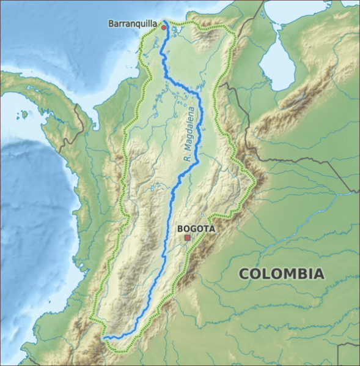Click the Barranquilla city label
coord(133,24)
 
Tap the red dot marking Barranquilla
coord(163,27)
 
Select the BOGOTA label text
coord(196,228)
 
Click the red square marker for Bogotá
coord(188,237)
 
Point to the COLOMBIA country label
coord(281,274)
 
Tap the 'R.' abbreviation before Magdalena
coord(186,157)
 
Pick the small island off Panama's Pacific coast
coord(24,114)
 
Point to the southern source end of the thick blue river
coord(105,337)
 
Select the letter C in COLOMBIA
coord(243,274)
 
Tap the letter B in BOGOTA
coord(179,228)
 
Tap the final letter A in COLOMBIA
coord(318,274)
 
